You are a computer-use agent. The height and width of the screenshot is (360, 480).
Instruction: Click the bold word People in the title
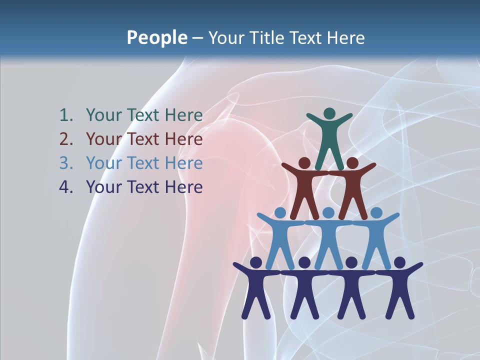click(156, 37)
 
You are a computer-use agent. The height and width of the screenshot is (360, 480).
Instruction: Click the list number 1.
click(65, 115)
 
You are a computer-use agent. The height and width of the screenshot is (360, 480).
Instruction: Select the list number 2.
click(65, 139)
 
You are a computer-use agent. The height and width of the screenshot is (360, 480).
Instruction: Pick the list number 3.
click(65, 163)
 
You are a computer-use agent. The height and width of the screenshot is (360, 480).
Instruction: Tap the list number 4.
click(65, 187)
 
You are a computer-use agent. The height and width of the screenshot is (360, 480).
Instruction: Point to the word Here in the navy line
click(184, 187)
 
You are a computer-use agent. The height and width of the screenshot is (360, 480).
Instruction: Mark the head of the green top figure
click(329, 114)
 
